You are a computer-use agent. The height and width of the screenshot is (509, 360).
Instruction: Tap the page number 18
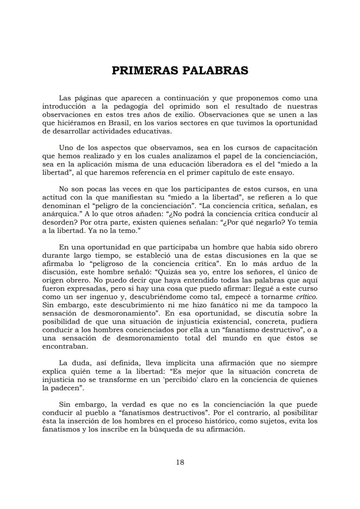[x=180, y=462]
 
